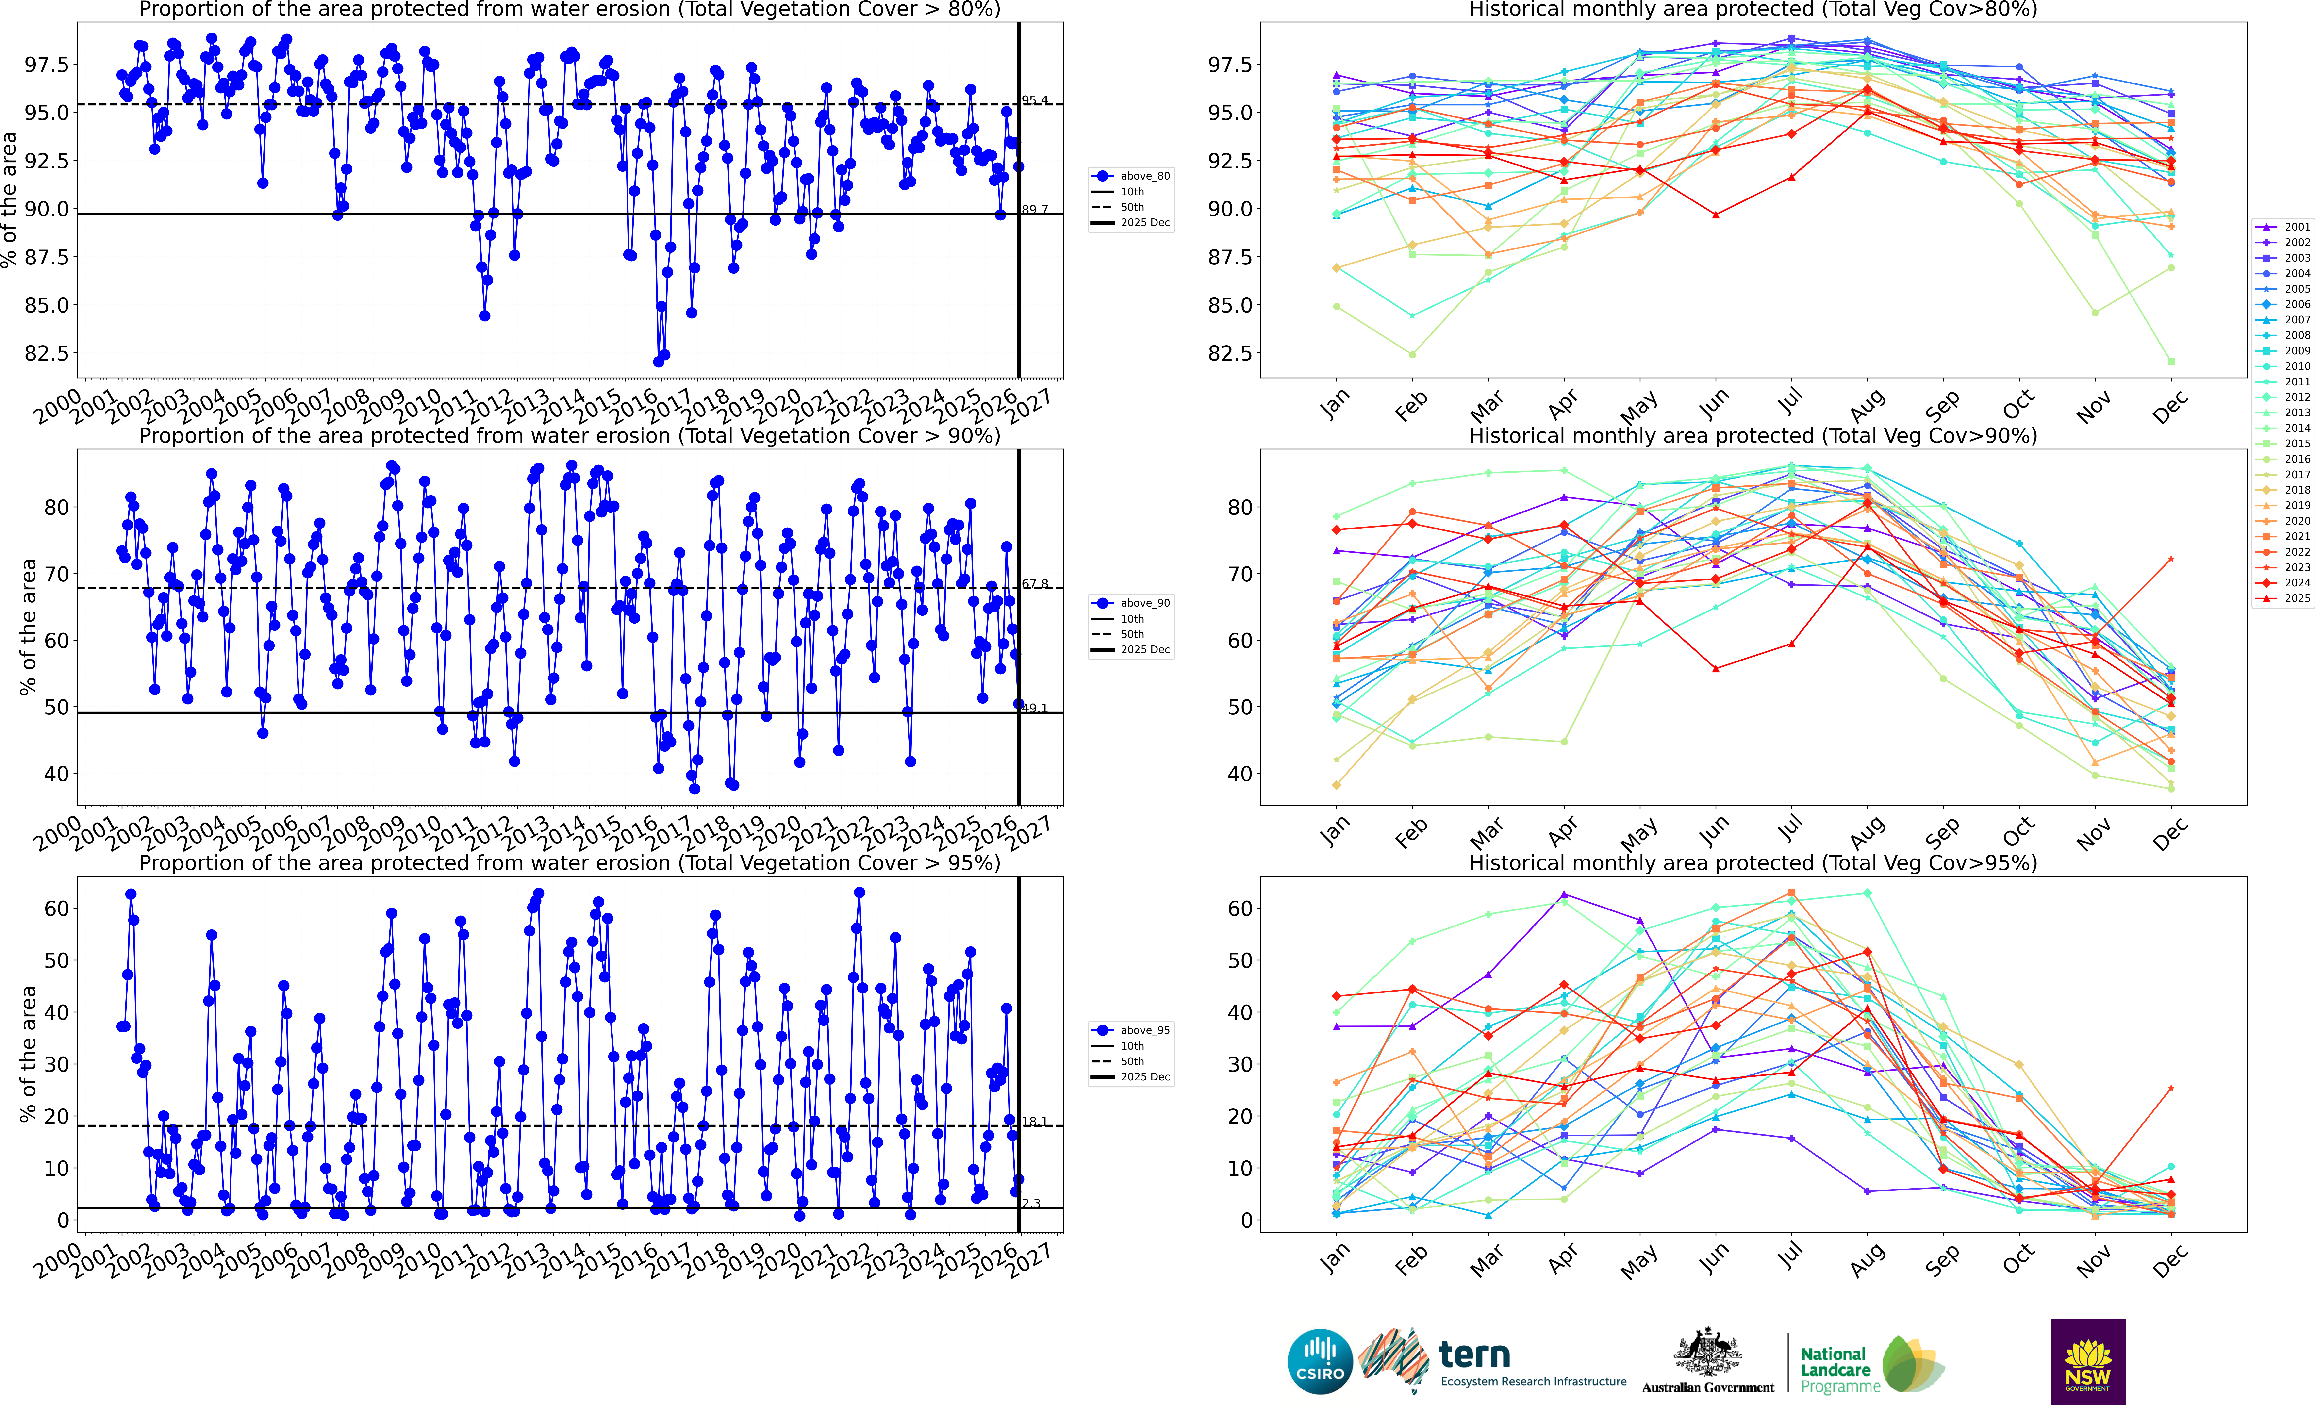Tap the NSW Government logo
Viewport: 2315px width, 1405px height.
(x=2088, y=1361)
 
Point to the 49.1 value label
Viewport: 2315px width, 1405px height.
(x=1034, y=708)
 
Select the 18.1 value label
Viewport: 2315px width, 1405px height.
(x=1034, y=1121)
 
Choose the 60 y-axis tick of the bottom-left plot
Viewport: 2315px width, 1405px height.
(x=56, y=908)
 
